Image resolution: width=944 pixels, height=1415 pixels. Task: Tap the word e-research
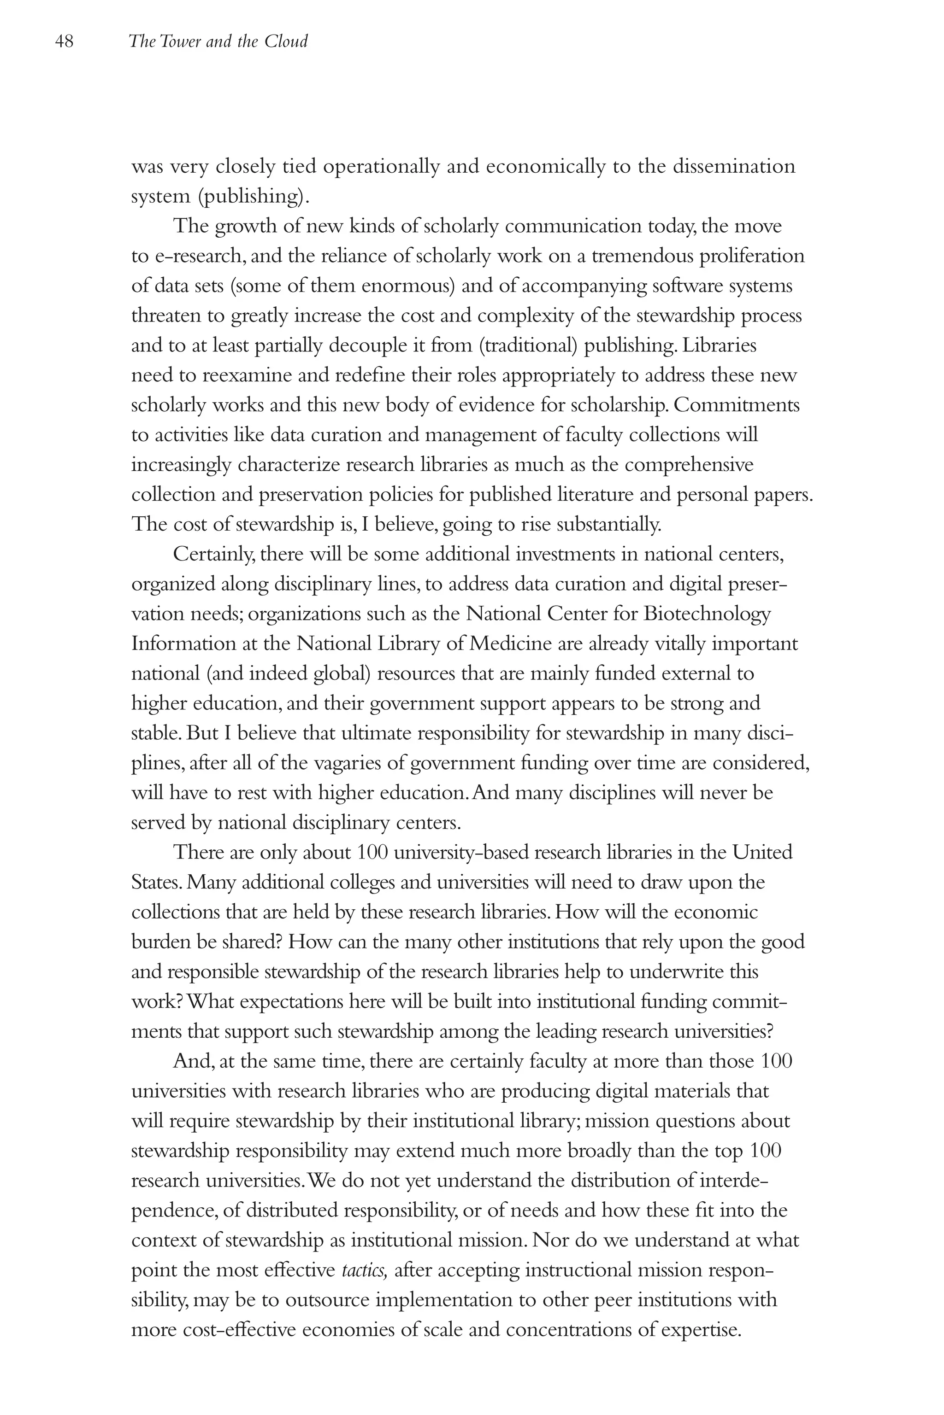199,256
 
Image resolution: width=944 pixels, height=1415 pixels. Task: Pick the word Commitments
737,405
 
